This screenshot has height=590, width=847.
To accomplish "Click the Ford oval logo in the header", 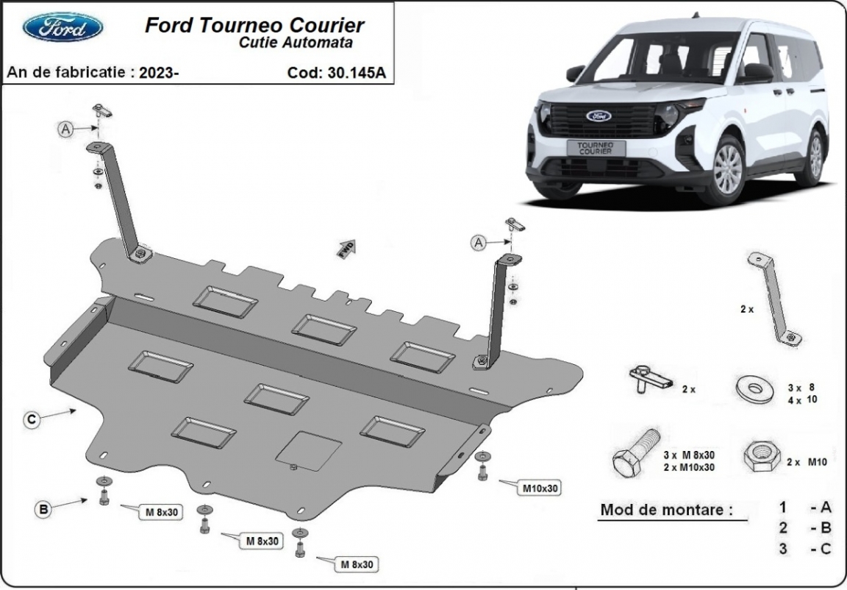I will click(x=62, y=27).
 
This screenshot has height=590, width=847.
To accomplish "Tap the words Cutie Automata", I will click(x=295, y=43).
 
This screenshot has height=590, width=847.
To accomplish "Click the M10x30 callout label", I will click(x=540, y=487).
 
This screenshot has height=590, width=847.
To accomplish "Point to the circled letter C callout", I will click(x=32, y=420).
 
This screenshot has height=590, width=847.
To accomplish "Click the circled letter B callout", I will click(x=44, y=508).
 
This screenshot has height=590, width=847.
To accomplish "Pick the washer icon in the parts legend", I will click(x=753, y=388).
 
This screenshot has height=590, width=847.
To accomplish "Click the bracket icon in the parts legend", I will click(x=772, y=297).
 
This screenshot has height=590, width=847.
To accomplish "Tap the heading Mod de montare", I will click(x=666, y=509).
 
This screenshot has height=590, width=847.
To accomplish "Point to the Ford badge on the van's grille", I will click(x=598, y=115).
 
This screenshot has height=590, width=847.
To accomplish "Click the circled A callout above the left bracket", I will click(x=66, y=129).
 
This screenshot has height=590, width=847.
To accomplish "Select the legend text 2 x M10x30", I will click(x=690, y=467).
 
